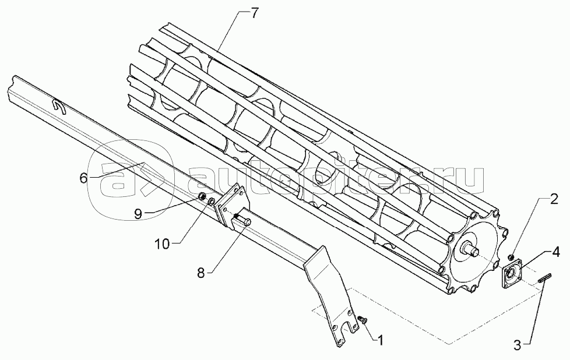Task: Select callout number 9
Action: [x=138, y=214]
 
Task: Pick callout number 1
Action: [x=381, y=337]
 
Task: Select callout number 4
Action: [x=557, y=253]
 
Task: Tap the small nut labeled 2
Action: [x=511, y=257]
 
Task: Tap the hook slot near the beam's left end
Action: [x=58, y=105]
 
